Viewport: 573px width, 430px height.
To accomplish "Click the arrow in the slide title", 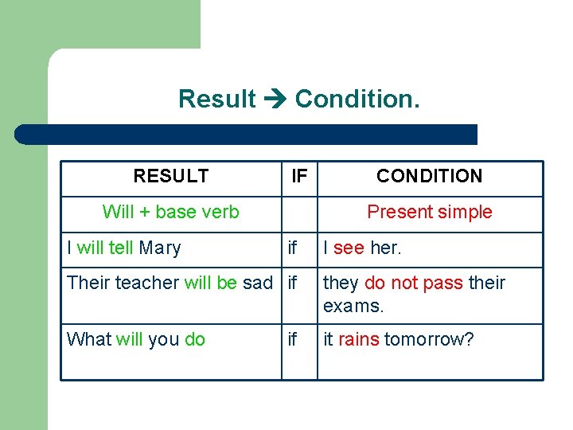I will click(x=275, y=100).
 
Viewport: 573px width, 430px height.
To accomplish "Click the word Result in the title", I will click(x=217, y=100).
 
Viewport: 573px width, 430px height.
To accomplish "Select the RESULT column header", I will click(x=171, y=176).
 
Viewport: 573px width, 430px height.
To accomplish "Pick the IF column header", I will click(x=299, y=176).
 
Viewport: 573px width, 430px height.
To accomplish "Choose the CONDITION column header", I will click(x=429, y=176).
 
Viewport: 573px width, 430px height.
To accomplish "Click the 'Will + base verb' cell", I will click(x=171, y=212).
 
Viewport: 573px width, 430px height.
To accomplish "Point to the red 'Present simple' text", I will click(x=429, y=212).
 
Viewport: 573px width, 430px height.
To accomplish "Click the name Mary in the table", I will click(x=160, y=248).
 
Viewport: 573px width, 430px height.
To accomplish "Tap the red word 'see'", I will click(x=349, y=248).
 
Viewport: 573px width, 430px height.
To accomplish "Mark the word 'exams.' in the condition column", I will click(x=353, y=306).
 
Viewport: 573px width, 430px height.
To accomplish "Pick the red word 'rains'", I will click(x=359, y=340).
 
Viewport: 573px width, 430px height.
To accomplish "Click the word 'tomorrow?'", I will click(x=429, y=340).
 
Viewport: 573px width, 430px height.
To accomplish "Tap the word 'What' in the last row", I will click(x=89, y=340).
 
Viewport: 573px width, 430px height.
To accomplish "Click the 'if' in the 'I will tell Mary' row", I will click(x=292, y=248).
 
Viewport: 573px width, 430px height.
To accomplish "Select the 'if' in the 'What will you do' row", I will click(x=292, y=340).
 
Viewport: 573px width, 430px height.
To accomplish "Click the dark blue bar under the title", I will click(x=247, y=135).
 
